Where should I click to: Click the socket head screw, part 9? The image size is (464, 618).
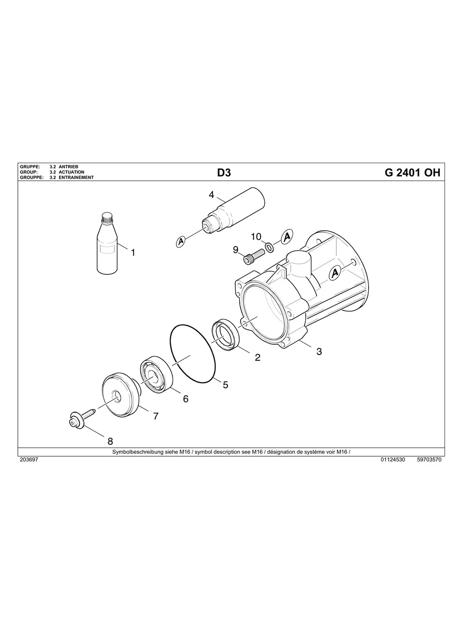(x=253, y=256)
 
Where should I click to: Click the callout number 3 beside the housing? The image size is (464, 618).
(x=319, y=351)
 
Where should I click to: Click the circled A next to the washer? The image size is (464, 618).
(x=287, y=236)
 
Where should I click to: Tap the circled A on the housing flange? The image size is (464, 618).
(x=334, y=273)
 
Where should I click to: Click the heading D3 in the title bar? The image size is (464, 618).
(x=224, y=172)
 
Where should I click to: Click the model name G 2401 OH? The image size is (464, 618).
(x=412, y=172)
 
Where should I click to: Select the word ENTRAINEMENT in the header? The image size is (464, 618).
(x=76, y=178)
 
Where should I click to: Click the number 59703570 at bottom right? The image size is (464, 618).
(x=429, y=460)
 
